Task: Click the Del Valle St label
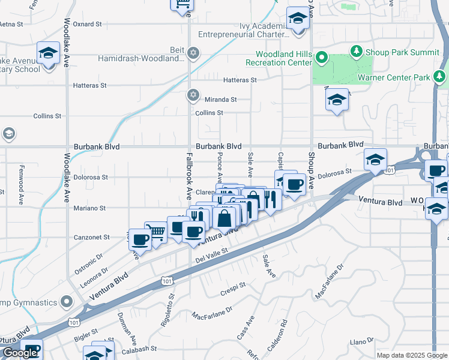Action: click(x=213, y=256)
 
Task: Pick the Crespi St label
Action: click(x=234, y=284)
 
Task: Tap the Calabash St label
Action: click(x=139, y=349)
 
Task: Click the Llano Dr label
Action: click(x=363, y=341)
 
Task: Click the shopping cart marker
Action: click(x=156, y=232)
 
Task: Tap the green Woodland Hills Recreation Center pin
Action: click(x=321, y=58)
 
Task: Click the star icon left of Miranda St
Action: click(x=193, y=94)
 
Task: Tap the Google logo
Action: click(x=20, y=353)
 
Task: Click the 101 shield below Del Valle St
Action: click(x=166, y=280)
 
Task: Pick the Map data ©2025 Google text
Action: click(x=412, y=355)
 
